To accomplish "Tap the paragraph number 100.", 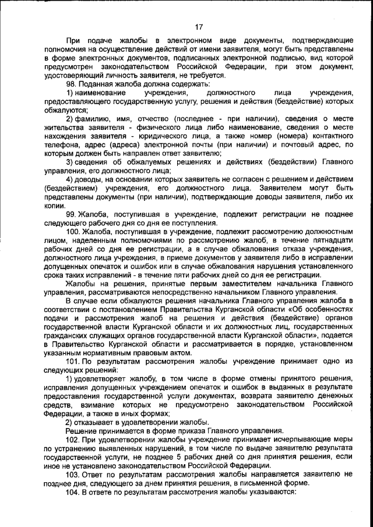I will pos(73,232).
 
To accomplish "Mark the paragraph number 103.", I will pos(73,473).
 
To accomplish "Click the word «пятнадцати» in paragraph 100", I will pos(332,240).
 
